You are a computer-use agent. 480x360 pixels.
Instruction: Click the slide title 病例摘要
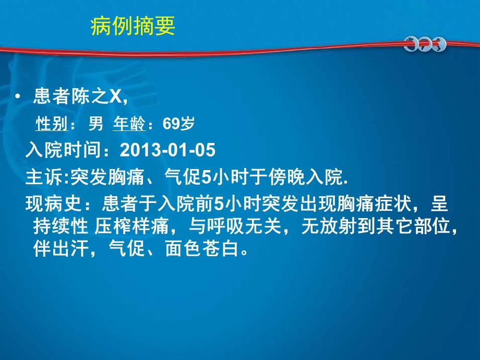click(x=133, y=26)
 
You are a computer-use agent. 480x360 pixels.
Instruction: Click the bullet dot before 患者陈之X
click(x=19, y=97)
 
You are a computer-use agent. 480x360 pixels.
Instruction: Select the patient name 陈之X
click(x=98, y=97)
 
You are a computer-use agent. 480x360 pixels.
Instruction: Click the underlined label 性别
click(x=51, y=124)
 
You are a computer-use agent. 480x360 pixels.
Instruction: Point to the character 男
click(x=95, y=124)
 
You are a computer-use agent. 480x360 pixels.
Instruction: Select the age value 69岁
click(x=178, y=124)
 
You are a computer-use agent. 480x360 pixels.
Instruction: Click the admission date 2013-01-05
click(x=167, y=151)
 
